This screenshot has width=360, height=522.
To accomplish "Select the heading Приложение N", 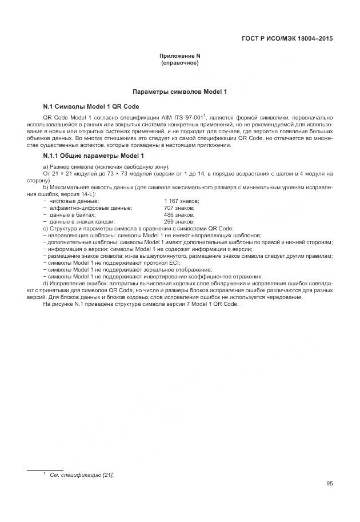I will [x=180, y=55].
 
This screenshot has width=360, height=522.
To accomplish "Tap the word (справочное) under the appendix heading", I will [x=180, y=62].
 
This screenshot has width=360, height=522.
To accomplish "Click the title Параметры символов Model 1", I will [x=180, y=91].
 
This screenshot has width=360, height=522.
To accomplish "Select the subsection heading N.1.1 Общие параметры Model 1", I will [x=94, y=156].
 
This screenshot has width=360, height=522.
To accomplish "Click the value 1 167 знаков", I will [x=181, y=201].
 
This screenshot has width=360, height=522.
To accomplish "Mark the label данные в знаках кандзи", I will [x=82, y=221].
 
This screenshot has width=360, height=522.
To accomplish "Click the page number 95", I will [x=330, y=484].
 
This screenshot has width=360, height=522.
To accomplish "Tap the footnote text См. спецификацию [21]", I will [x=82, y=475].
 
